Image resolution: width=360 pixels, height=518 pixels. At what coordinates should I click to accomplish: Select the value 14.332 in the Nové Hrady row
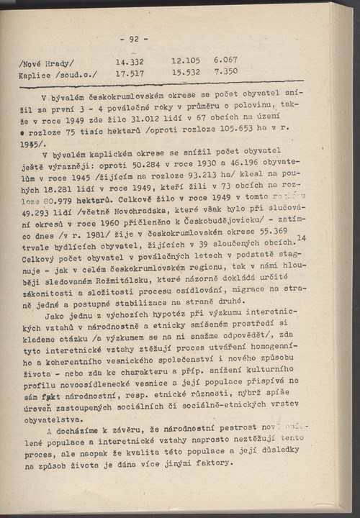pos(132,62)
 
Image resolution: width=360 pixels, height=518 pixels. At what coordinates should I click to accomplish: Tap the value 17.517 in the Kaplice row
pos(132,73)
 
